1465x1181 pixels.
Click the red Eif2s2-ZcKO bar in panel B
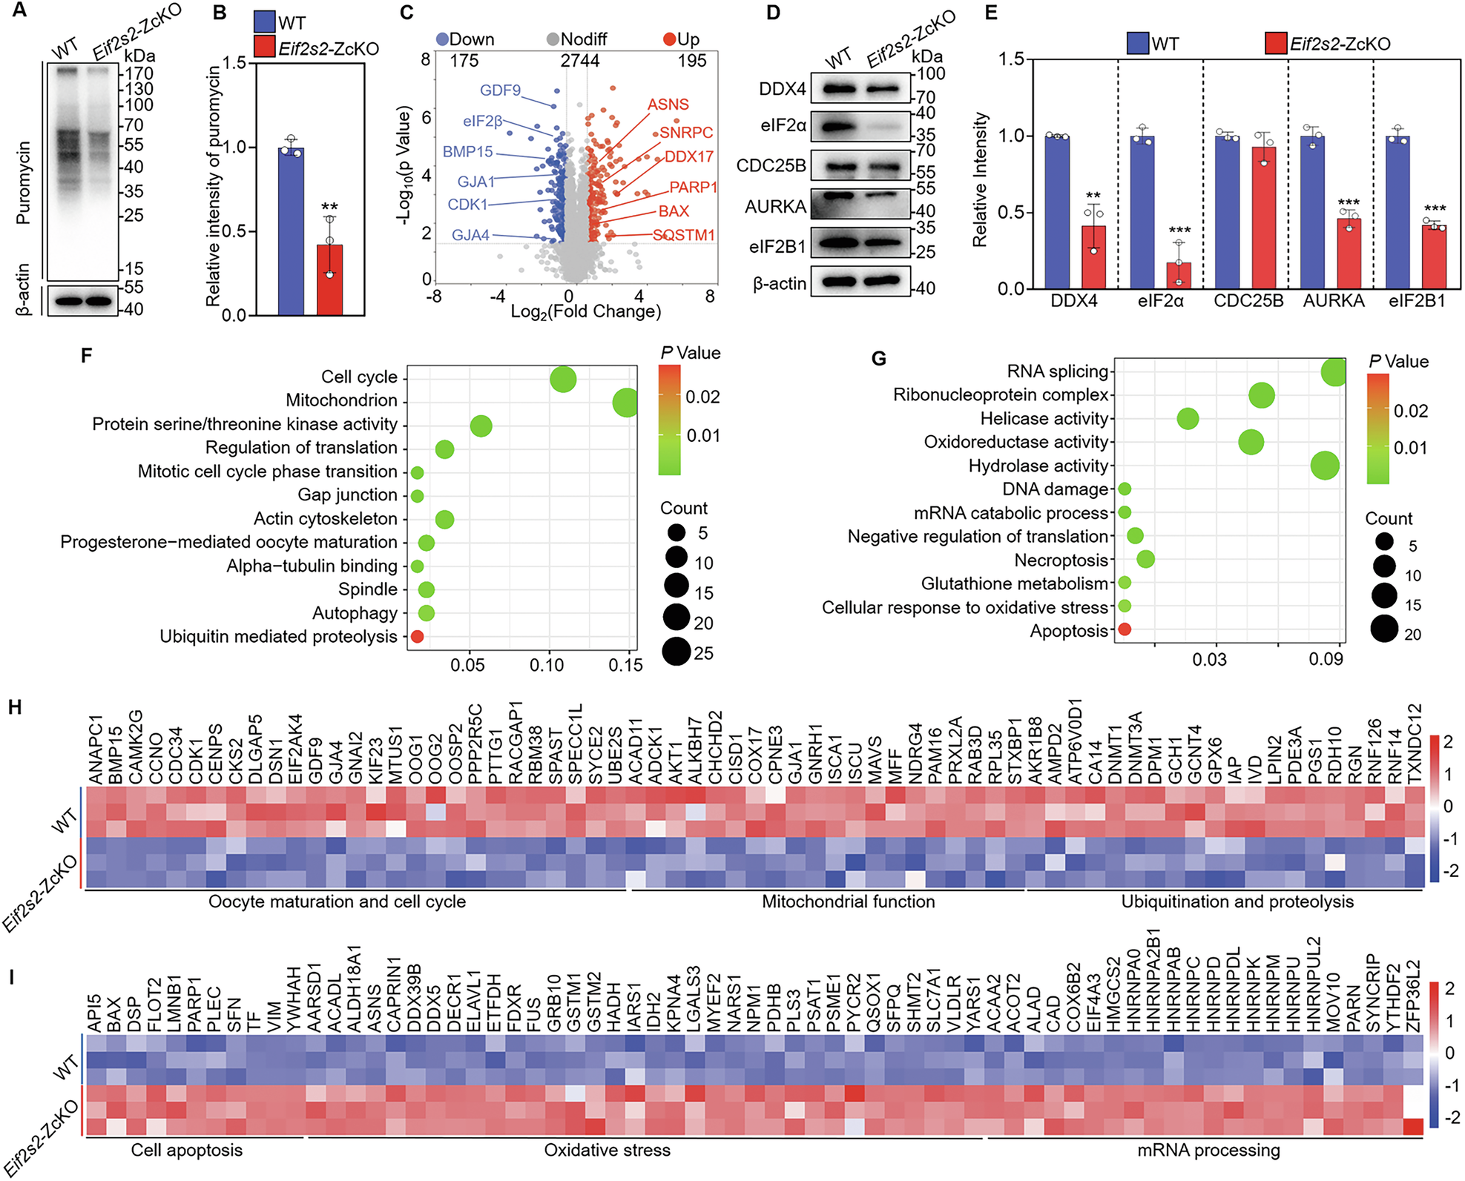329,279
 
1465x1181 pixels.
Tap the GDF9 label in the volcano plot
500,90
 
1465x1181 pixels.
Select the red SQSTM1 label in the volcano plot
684,235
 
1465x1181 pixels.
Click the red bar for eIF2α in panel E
1179,275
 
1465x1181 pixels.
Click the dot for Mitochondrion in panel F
626,403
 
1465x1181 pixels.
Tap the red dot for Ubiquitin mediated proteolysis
417,637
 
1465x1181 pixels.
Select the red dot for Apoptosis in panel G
1125,630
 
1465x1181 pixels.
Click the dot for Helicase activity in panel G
1188,419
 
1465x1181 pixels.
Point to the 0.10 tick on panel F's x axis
547,665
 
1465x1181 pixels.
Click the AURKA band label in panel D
775,206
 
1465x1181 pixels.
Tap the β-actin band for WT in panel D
838,282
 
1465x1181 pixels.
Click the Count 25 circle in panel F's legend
676,652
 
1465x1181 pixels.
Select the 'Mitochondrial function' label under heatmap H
848,902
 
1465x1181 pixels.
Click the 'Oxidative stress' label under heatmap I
607,1151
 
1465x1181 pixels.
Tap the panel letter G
878,359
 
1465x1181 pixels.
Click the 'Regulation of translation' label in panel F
301,448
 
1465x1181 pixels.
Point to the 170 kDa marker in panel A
139,73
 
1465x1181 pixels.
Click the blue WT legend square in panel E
1137,43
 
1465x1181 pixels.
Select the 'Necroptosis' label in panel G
1061,560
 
